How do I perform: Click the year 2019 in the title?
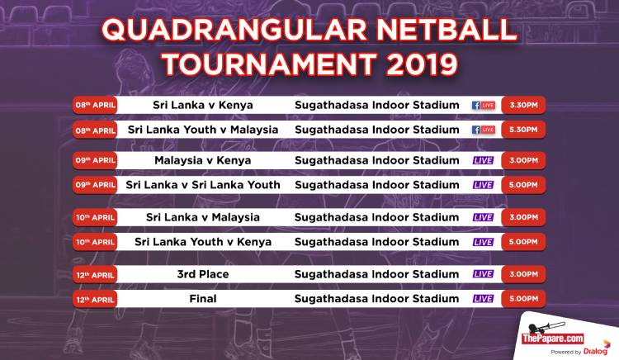423,64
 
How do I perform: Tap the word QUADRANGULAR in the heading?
234,29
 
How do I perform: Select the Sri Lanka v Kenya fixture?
203,105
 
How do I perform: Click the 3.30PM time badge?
523,105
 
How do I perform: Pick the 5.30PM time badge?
523,130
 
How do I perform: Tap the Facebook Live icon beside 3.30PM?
484,106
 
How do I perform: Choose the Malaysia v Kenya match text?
203,160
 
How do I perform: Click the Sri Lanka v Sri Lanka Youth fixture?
203,185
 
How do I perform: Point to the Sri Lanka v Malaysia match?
203,217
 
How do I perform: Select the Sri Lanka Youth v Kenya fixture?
203,242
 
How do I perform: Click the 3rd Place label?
203,274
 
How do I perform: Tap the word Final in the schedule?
203,298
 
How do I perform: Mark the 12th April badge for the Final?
95,299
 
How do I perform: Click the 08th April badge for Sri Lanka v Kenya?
95,105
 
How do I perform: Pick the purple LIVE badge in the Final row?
483,299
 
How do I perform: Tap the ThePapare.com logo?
553,339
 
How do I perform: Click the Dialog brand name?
596,351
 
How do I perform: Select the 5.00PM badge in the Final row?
523,299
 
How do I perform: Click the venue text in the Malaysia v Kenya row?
377,160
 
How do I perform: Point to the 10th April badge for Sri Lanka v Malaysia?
95,217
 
